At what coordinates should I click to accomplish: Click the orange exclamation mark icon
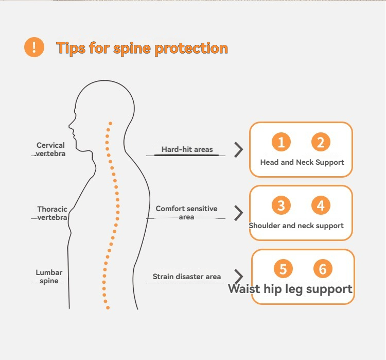(x=34, y=47)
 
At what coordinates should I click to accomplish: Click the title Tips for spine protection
(x=142, y=48)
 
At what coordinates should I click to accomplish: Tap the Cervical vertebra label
(x=51, y=149)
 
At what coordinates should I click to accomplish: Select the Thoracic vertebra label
(x=52, y=213)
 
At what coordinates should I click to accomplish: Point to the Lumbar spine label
(x=49, y=277)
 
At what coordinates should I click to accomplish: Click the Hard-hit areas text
(x=187, y=149)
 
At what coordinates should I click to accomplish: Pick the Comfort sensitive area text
(x=186, y=213)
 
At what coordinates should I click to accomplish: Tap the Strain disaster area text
(x=187, y=277)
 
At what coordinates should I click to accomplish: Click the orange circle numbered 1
(x=281, y=142)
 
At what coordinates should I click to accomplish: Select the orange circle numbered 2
(x=321, y=142)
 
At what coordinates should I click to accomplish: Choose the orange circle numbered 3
(x=281, y=206)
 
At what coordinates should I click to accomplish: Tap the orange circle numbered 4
(x=321, y=206)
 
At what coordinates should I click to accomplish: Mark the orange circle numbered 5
(x=283, y=269)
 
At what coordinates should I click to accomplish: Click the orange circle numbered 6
(x=323, y=269)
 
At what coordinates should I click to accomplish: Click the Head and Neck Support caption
(x=302, y=162)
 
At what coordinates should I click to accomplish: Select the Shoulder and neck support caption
(x=296, y=226)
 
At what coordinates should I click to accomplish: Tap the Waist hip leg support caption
(x=290, y=289)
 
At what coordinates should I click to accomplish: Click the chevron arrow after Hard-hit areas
(x=238, y=149)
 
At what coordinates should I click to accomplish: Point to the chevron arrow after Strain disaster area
(x=238, y=277)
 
